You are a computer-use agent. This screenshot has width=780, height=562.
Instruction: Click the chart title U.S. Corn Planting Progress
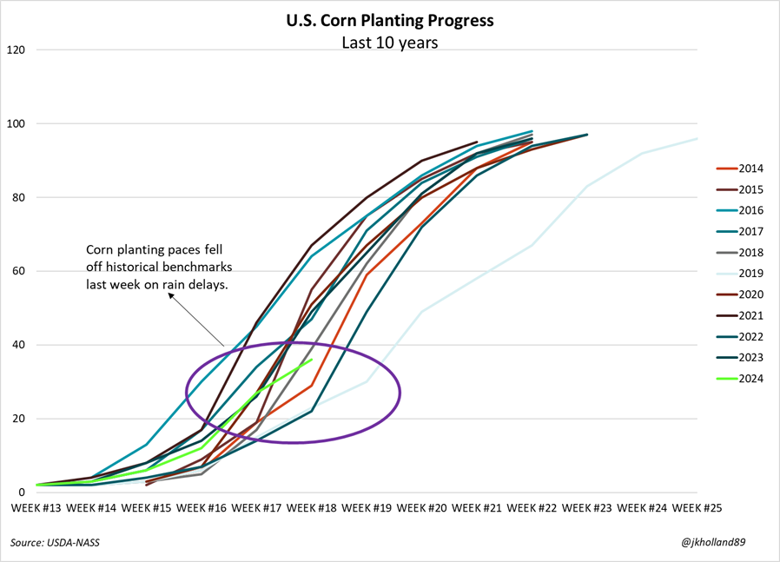(389, 20)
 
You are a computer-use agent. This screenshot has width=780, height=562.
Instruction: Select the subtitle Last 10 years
(389, 42)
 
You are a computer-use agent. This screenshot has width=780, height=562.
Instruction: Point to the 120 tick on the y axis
(16, 50)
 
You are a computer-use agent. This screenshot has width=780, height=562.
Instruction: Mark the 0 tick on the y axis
(22, 493)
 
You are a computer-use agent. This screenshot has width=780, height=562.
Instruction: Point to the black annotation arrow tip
(169, 294)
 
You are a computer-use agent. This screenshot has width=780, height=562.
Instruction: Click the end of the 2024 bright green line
(311, 360)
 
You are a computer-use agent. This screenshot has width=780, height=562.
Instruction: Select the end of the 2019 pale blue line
(697, 138)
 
